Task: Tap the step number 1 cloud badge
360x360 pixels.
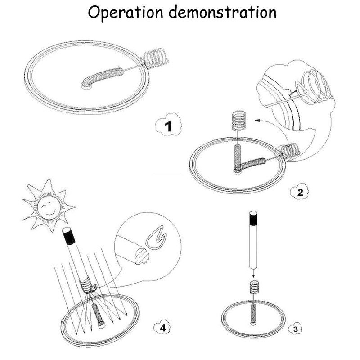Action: coord(168,126)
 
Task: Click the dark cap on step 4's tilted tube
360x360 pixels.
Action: coord(67,234)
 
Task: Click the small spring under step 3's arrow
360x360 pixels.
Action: coord(253,287)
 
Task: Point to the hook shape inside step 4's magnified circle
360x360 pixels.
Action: coord(156,238)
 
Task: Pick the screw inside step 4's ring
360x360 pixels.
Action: coord(99,315)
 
